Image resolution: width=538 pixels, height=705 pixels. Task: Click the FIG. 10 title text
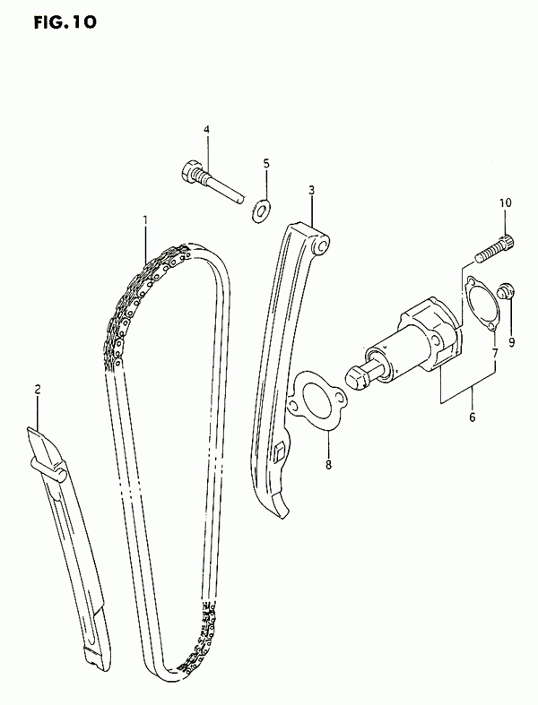[65, 21]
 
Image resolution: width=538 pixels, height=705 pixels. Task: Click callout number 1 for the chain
[145, 219]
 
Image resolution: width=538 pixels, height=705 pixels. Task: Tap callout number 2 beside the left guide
[38, 389]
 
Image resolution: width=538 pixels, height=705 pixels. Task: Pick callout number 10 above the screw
[505, 202]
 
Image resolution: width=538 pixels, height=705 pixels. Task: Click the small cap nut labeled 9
[506, 291]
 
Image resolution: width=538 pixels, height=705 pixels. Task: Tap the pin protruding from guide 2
[48, 467]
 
